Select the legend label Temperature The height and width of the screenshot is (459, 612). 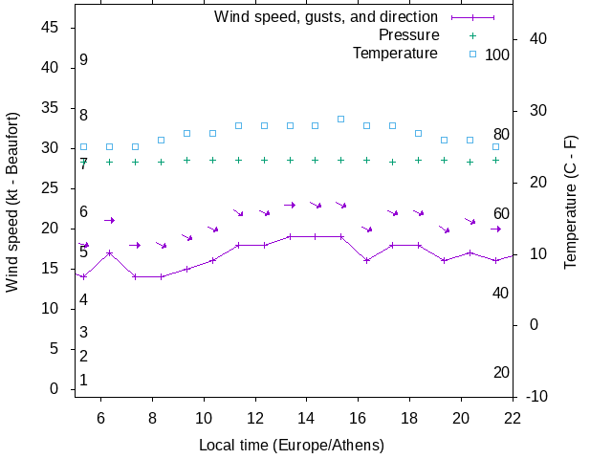click(x=395, y=54)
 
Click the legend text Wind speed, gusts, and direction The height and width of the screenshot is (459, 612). click(x=326, y=17)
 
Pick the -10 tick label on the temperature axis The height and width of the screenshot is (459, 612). click(x=536, y=396)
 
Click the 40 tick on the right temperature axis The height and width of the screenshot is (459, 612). click(x=536, y=39)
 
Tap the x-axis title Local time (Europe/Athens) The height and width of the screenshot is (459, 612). click(x=292, y=445)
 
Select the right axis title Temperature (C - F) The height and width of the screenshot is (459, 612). click(x=570, y=201)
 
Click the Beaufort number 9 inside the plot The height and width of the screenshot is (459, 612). click(x=84, y=60)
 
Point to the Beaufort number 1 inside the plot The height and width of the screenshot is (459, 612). click(x=84, y=381)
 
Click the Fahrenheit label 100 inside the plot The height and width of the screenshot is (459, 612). click(x=497, y=55)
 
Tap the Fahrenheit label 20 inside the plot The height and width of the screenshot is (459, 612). click(x=501, y=372)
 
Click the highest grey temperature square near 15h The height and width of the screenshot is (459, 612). click(x=340, y=119)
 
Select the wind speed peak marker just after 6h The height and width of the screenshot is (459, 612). click(x=110, y=253)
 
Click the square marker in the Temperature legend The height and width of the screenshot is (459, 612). click(x=472, y=54)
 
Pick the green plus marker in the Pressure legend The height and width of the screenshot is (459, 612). click(x=472, y=35)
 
